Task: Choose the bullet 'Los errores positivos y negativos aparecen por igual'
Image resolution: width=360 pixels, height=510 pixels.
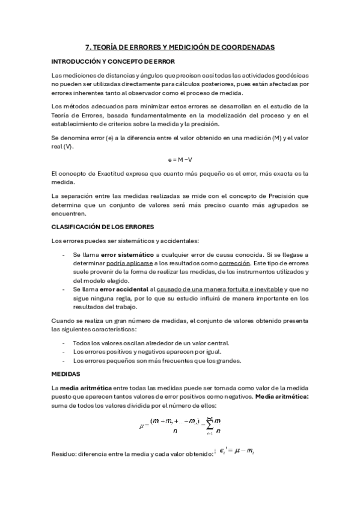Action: pyautogui.click(x=138, y=352)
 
